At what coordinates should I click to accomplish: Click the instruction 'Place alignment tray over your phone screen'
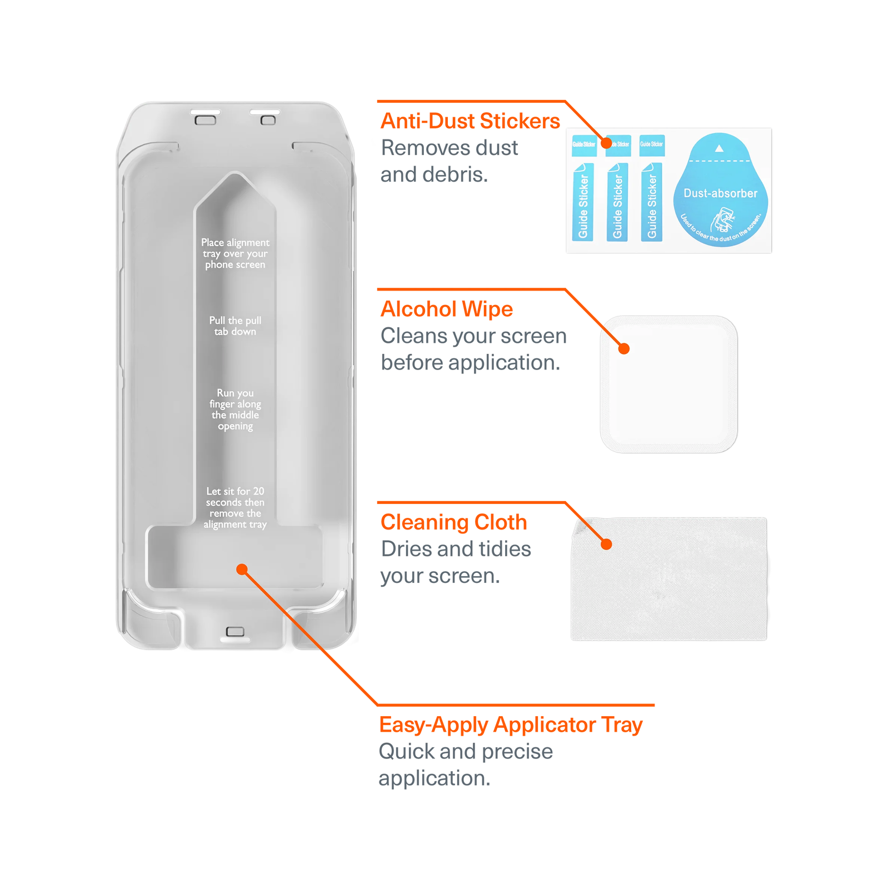[235, 253]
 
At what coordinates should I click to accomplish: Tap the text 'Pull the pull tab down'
[235, 326]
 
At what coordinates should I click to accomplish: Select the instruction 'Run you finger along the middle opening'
[235, 409]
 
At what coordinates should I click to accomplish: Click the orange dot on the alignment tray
[242, 570]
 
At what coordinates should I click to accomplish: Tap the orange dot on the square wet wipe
[624, 349]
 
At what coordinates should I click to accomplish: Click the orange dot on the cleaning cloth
[607, 545]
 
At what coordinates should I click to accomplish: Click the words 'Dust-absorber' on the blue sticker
[720, 193]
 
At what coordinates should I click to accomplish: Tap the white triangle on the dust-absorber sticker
[719, 148]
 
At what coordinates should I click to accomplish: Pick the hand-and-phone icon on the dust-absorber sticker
[723, 219]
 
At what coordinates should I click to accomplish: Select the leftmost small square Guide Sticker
[583, 144]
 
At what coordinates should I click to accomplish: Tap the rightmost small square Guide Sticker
[652, 144]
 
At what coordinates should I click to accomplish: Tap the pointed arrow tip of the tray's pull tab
[235, 177]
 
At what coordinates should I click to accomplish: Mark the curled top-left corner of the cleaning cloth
[579, 525]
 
